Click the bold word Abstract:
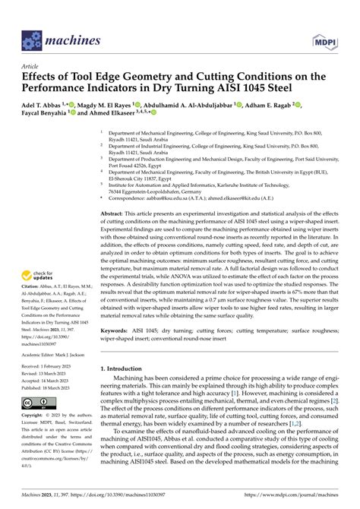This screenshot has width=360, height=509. click(114, 215)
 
